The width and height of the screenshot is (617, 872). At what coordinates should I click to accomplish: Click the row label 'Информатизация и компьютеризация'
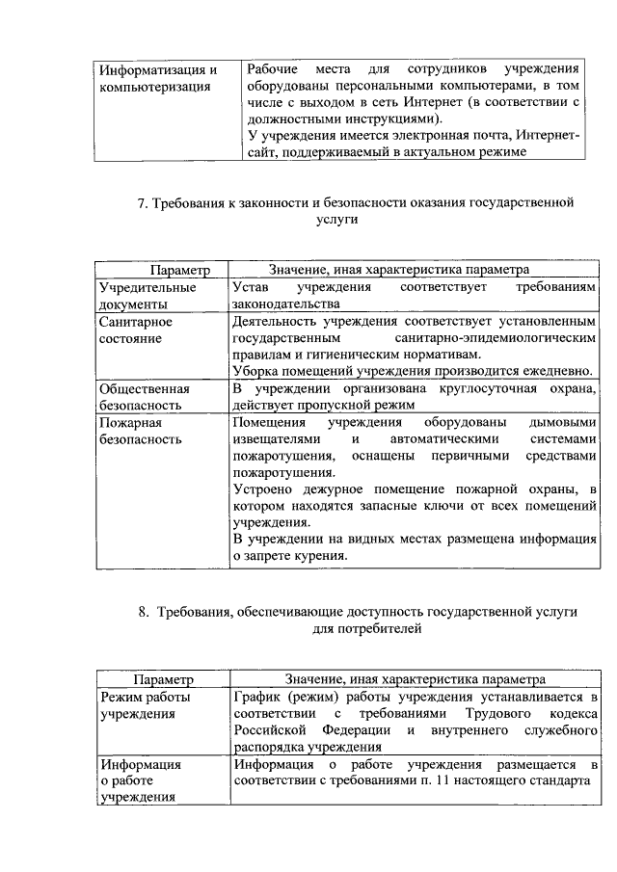point(159,78)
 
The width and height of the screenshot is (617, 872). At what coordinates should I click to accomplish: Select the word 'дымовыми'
point(565,423)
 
